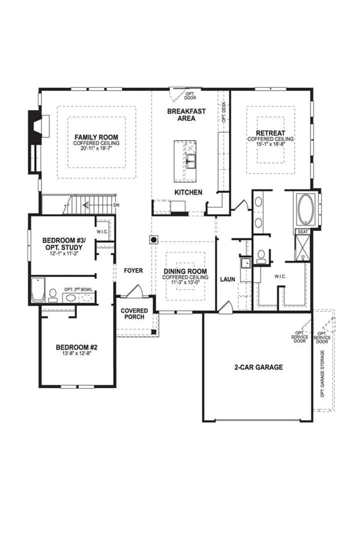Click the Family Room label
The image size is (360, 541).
(x=97, y=137)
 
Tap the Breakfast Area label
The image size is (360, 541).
(x=186, y=115)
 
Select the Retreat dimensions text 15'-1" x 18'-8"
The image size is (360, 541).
(x=270, y=144)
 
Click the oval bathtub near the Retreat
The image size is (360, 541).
(x=306, y=209)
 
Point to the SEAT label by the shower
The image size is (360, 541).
(x=303, y=232)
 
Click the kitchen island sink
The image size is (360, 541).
(x=191, y=159)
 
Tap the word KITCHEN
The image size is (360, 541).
(x=188, y=192)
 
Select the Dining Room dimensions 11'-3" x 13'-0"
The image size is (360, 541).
(x=186, y=283)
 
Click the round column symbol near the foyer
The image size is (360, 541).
(x=153, y=239)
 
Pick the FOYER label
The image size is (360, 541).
(x=133, y=271)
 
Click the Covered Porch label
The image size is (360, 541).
(x=135, y=314)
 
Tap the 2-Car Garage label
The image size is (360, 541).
(x=258, y=367)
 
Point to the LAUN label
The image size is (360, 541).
(x=228, y=280)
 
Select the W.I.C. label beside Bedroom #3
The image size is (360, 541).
(x=102, y=232)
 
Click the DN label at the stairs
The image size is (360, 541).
(x=116, y=206)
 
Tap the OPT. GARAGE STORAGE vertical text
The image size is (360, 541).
(x=323, y=374)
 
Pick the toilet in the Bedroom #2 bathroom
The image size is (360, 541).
(x=53, y=295)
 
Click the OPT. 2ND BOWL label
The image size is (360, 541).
(x=78, y=290)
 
